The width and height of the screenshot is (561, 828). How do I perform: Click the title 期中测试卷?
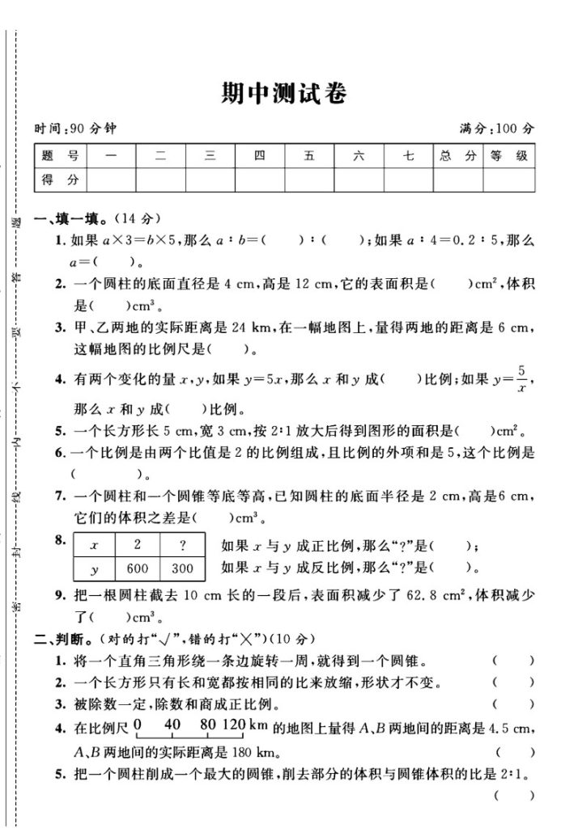click(283, 94)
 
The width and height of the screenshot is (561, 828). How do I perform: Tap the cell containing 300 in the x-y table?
click(183, 568)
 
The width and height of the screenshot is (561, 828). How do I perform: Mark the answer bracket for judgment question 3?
click(512, 703)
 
